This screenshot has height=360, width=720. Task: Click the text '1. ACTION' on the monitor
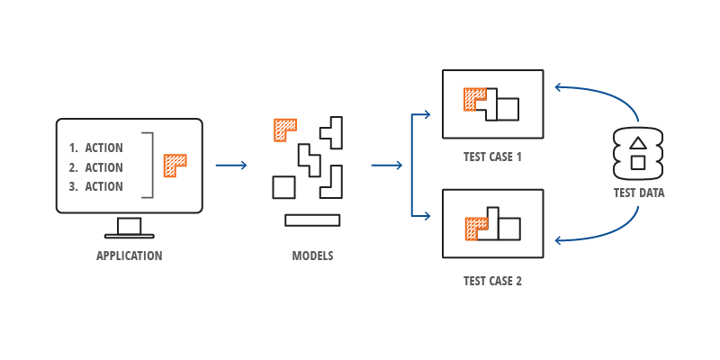click(96, 148)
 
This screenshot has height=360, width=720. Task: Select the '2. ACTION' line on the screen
click(96, 167)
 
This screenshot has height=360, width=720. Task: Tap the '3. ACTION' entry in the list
click(96, 187)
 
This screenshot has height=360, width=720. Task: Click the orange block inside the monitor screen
click(173, 164)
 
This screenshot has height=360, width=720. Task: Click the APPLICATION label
click(130, 256)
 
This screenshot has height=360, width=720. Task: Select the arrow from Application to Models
click(231, 165)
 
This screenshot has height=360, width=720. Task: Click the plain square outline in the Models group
click(283, 187)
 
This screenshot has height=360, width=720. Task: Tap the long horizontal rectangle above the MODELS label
click(312, 220)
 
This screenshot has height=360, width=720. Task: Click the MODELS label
click(312, 256)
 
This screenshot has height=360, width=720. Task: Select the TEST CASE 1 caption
click(492, 157)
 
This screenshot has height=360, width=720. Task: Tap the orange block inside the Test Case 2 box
click(471, 229)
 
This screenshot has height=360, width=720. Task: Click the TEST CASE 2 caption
click(492, 281)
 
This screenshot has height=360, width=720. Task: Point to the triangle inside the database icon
click(637, 142)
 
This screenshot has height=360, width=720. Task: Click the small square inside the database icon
click(637, 162)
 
